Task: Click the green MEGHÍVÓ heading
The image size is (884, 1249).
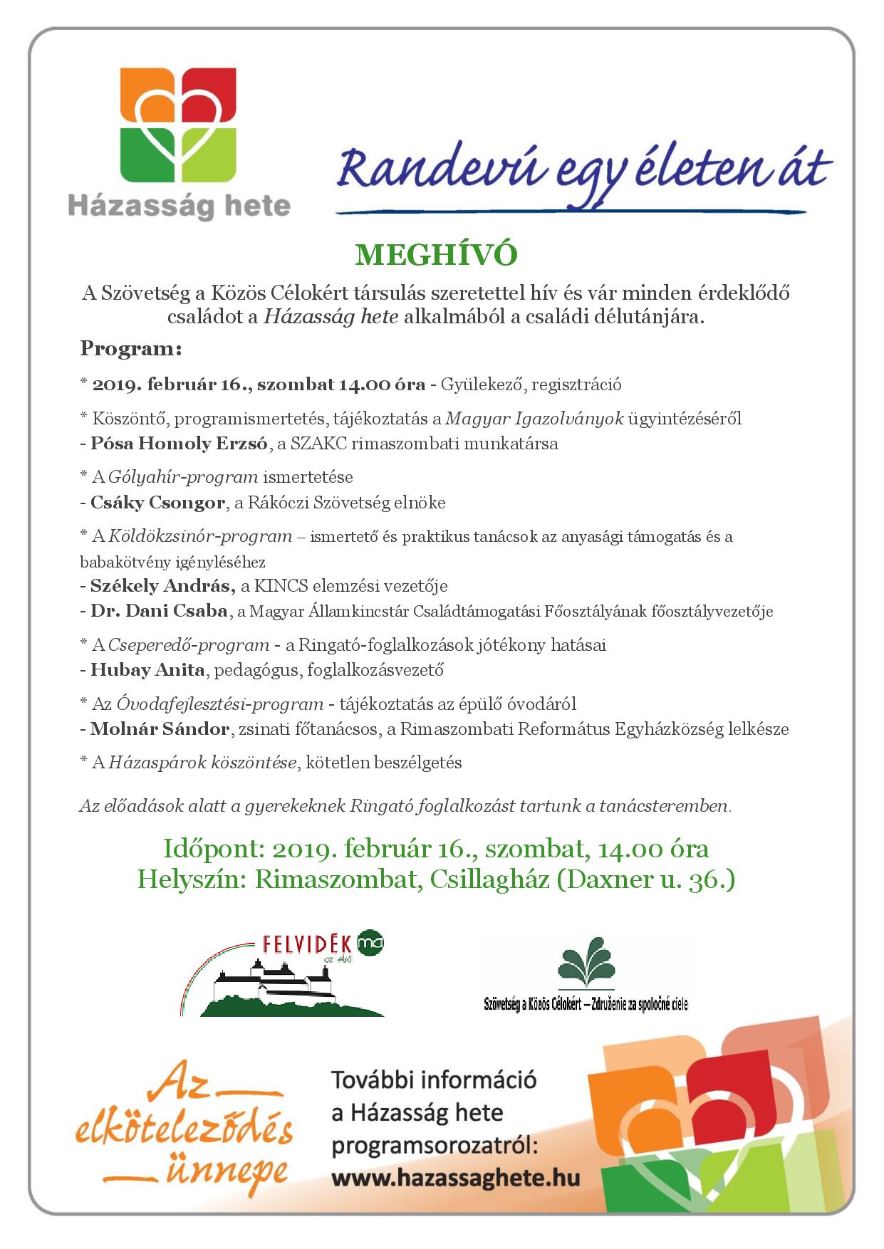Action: point(436,255)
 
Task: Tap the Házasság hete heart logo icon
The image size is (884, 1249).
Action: point(178,125)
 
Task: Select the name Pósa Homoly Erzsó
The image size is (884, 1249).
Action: point(179,444)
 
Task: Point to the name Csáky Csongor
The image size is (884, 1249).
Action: point(157,503)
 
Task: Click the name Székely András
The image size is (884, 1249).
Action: point(162,586)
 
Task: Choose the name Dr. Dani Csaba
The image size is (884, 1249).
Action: point(159,611)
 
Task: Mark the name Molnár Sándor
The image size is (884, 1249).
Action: point(160,729)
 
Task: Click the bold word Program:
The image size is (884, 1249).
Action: point(131,349)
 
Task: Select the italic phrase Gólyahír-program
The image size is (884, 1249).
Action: point(182,477)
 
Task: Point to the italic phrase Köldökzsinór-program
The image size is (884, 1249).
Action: point(200,536)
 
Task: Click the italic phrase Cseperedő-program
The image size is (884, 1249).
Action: point(189,645)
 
